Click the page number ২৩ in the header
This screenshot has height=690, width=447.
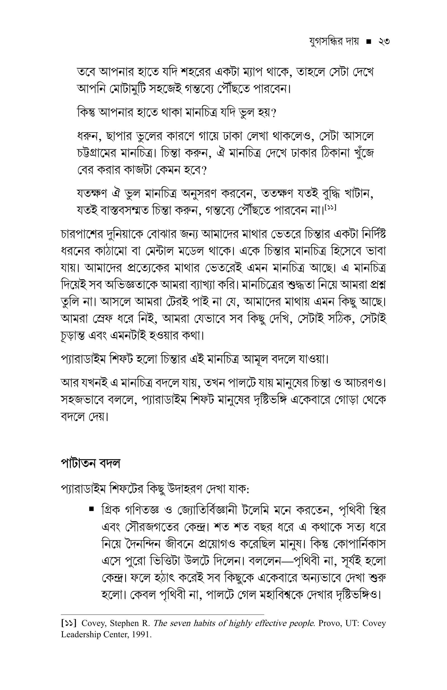(383, 42)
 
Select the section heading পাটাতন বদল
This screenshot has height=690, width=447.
(91, 464)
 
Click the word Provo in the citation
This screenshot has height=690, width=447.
(329, 623)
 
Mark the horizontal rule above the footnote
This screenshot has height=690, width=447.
(162, 614)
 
